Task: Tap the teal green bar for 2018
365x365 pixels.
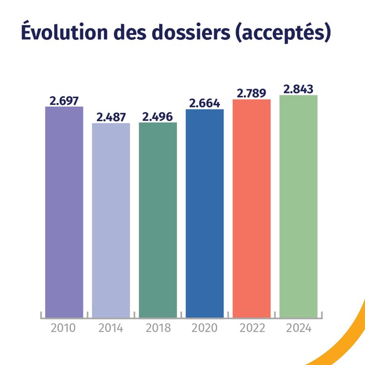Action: tap(158, 219)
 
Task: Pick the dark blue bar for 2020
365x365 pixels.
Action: tap(205, 213)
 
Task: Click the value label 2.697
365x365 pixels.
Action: tap(64, 101)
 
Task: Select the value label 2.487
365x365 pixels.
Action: tap(111, 117)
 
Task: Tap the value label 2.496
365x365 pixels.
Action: tap(158, 116)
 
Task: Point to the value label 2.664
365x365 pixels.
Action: tap(205, 103)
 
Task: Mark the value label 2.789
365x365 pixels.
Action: tap(251, 93)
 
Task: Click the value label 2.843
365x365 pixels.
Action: tap(298, 89)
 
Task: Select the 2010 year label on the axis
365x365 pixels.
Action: tap(64, 328)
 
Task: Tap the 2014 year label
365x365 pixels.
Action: tap(111, 328)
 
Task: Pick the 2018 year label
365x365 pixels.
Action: tap(158, 328)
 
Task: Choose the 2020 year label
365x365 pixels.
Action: tap(205, 328)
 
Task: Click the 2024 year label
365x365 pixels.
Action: tap(298, 328)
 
